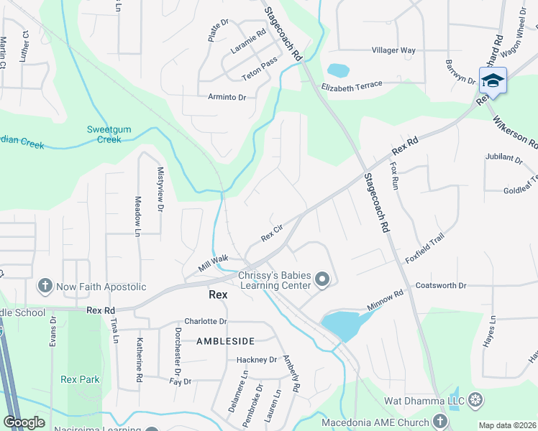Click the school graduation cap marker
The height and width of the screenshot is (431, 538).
493,80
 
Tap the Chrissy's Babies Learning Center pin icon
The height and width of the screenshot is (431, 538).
323,279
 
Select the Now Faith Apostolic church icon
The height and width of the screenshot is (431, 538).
45,287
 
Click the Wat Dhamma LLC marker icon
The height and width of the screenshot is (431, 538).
475,399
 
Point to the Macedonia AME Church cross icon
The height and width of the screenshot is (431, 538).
440,422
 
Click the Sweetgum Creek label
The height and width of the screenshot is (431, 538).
104,134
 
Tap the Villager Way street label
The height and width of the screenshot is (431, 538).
393,50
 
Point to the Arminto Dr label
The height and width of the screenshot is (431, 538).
227,97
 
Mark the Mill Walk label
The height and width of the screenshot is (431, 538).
213,264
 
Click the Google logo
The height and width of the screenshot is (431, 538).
24,422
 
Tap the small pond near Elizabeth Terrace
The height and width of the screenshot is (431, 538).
338,70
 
